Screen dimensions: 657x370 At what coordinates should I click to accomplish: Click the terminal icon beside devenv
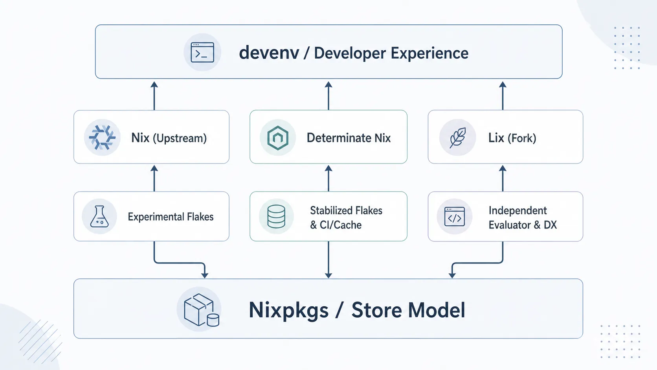[202, 52]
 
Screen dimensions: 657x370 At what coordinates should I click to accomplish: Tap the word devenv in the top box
[269, 53]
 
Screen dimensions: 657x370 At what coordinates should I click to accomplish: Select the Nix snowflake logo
[102, 137]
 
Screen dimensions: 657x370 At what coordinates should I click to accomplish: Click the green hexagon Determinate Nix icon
[277, 138]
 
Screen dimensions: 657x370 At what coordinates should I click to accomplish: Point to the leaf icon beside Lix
[457, 137]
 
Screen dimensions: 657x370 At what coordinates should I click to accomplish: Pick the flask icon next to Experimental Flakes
[99, 217]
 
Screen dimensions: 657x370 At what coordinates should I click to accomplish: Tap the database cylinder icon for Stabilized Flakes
[276, 217]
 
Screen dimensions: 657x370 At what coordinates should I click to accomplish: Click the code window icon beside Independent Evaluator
[454, 217]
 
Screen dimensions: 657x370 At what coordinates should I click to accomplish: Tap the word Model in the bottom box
[437, 310]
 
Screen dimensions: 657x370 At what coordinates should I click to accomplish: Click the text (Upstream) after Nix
[180, 138]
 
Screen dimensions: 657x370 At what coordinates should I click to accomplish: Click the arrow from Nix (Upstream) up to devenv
[154, 96]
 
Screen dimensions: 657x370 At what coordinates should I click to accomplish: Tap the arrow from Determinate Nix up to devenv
[328, 96]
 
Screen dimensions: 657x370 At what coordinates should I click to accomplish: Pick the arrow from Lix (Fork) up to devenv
[503, 96]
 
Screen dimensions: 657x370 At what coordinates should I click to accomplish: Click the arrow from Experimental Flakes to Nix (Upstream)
[154, 179]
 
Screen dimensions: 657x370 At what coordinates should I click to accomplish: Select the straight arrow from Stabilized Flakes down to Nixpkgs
[328, 260]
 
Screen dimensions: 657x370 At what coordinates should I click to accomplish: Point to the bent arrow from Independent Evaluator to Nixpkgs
[481, 263]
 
